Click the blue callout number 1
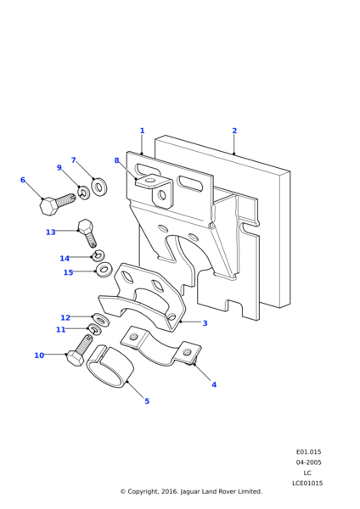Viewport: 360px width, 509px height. [142, 131]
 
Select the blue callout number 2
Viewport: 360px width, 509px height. [234, 131]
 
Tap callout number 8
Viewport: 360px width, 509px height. [116, 160]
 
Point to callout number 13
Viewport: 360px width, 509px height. [51, 232]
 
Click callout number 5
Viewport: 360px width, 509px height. [147, 401]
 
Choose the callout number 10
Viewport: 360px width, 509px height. [39, 355]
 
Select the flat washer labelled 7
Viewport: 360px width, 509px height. [99, 187]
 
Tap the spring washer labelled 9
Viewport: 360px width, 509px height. [84, 193]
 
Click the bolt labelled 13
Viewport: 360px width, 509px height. [87, 232]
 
